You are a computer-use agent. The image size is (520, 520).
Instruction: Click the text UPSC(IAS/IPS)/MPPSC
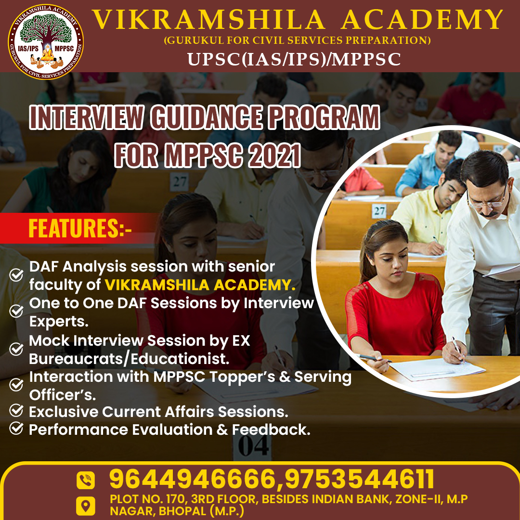tap(294, 59)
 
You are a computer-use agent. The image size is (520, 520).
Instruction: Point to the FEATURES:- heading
tap(80, 228)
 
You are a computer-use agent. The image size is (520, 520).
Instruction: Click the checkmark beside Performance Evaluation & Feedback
tap(17, 428)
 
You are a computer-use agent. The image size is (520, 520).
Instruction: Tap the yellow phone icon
tap(86, 480)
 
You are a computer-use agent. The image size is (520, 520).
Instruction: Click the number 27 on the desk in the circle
tap(380, 211)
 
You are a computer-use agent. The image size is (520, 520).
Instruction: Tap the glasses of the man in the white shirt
tap(486, 201)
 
